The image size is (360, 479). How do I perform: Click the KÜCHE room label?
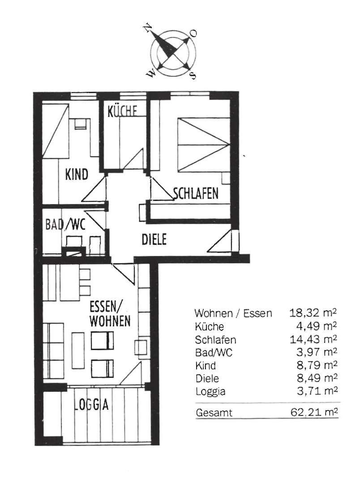[x=122, y=111]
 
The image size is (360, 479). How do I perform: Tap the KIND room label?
[x=77, y=175]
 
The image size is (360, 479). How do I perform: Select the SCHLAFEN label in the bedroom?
[x=196, y=193]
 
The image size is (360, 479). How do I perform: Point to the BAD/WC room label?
[x=65, y=224]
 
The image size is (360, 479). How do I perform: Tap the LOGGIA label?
[x=91, y=405]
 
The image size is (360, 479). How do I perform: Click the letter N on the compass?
[x=148, y=27]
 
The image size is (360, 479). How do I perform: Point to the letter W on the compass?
[x=150, y=73]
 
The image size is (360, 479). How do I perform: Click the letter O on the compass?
[x=193, y=33]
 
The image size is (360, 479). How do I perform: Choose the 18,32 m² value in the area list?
[x=313, y=312]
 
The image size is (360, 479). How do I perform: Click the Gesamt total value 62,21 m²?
[x=314, y=412]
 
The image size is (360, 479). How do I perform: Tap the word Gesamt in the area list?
[x=214, y=413]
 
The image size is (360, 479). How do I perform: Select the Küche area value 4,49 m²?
[x=316, y=326]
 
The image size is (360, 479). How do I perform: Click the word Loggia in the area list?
[x=210, y=392]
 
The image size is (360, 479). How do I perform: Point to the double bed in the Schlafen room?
[x=204, y=145]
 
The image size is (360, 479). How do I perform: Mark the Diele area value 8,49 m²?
[x=317, y=378]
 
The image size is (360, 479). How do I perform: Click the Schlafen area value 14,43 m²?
[x=313, y=339]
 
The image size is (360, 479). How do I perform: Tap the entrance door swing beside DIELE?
[x=220, y=241]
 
